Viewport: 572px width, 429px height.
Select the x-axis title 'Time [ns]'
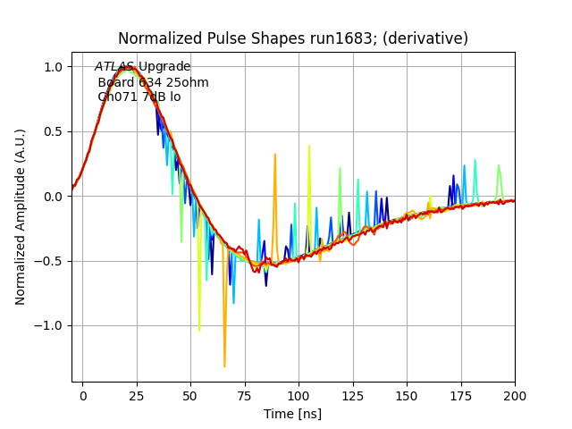click(x=292, y=414)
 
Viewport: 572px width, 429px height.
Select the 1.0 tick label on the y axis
click(x=52, y=67)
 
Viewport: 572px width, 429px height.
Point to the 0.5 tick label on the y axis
click(x=52, y=131)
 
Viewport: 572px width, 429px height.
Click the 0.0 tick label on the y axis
click(x=52, y=197)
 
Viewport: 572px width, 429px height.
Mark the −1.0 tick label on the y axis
click(x=48, y=325)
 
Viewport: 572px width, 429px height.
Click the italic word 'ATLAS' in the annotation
click(x=114, y=67)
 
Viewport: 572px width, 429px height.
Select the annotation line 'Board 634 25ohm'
click(x=153, y=82)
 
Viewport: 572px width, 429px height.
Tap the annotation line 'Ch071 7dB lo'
click(x=139, y=97)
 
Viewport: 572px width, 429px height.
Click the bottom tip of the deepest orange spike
click(x=224, y=366)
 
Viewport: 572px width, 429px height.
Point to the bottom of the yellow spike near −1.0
click(x=198, y=331)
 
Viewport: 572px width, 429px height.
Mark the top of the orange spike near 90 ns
click(x=275, y=155)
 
